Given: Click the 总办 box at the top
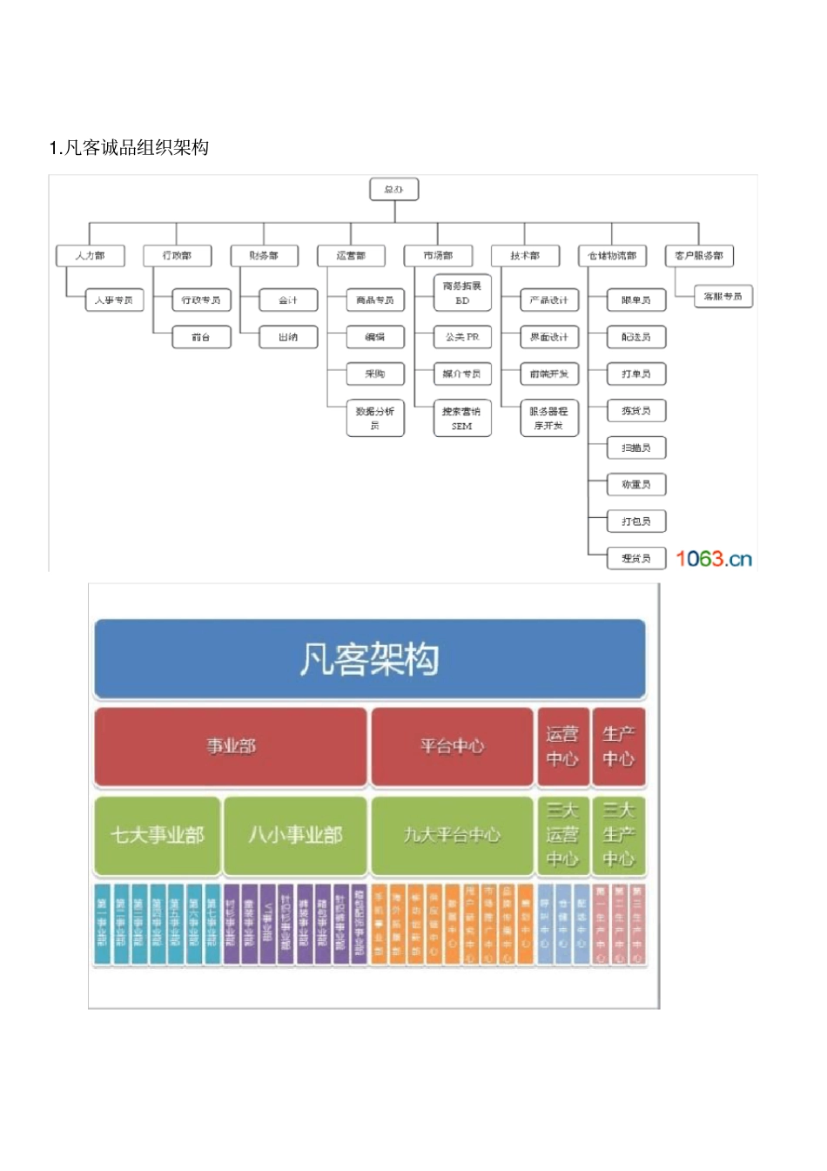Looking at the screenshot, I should [x=394, y=189].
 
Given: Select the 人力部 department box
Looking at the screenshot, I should [x=90, y=255].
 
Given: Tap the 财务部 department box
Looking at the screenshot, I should [x=264, y=255].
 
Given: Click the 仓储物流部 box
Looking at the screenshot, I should [x=612, y=255].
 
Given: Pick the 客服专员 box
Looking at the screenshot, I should [x=723, y=296].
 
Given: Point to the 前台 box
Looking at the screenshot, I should [x=201, y=337].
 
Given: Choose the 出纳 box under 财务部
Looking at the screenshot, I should [x=288, y=337].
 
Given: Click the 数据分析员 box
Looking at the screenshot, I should [x=375, y=418].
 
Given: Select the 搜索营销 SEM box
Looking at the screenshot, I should [x=462, y=418].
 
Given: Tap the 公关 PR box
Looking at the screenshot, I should [x=462, y=337].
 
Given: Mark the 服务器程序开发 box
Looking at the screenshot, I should [x=549, y=418].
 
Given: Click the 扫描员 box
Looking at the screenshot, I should [x=636, y=448].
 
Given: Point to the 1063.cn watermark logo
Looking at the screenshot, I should [x=714, y=558].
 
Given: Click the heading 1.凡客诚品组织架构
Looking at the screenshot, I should [x=129, y=147].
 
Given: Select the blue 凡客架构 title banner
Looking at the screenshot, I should [x=369, y=659].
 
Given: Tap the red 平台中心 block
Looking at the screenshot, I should [x=452, y=746].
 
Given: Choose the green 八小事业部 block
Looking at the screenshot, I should [x=295, y=835].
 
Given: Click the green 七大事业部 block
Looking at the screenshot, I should [x=158, y=835].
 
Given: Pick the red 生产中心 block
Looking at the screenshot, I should [x=618, y=746].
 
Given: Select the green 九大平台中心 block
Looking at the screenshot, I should [x=452, y=835].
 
